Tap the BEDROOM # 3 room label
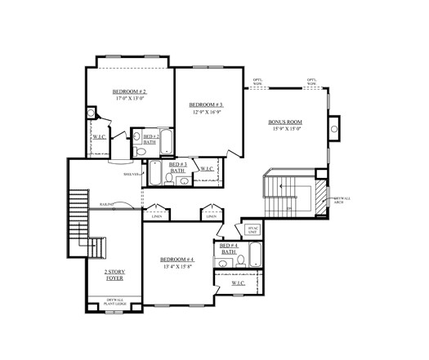pyautogui.click(x=206, y=104)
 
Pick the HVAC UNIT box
pyautogui.click(x=252, y=230)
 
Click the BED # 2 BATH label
pyautogui.click(x=150, y=139)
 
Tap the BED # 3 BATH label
pyautogui.click(x=177, y=167)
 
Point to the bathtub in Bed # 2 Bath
pyautogui.click(x=165, y=142)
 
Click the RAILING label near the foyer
pyautogui.click(x=106, y=203)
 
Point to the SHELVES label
pyautogui.click(x=130, y=174)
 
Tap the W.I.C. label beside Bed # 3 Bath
pyautogui.click(x=206, y=169)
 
